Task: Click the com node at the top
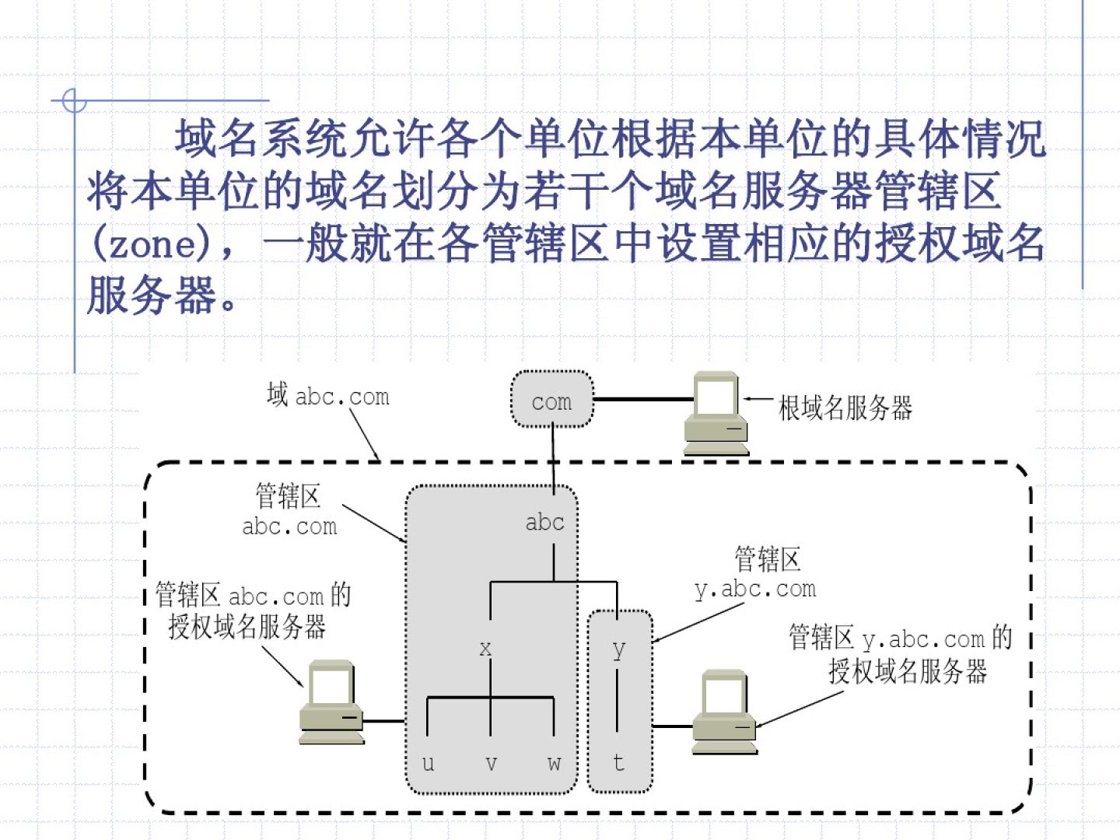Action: (x=551, y=401)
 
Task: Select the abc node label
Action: (x=544, y=522)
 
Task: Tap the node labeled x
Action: (x=485, y=648)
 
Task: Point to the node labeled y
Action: (x=618, y=648)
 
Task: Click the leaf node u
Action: (x=428, y=763)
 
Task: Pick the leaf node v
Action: (x=491, y=763)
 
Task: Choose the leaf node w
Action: (x=554, y=763)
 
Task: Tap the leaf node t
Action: (x=618, y=763)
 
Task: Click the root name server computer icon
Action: (x=716, y=412)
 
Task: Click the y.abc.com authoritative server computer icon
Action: (x=724, y=711)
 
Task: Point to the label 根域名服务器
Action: (x=845, y=408)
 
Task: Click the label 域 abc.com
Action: (x=327, y=396)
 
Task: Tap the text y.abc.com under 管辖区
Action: (x=755, y=590)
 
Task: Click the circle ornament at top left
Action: (x=74, y=100)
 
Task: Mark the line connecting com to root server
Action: (x=642, y=399)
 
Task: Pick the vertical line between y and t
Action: (x=618, y=698)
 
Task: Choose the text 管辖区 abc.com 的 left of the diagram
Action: (x=253, y=596)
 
